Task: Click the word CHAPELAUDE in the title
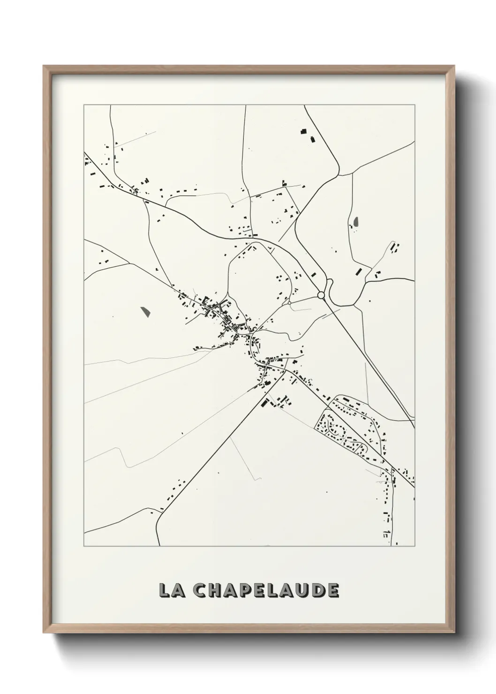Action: [x=266, y=590]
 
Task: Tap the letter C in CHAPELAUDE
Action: [x=201, y=590]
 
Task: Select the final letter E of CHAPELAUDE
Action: [x=332, y=590]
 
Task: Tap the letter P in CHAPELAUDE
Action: [x=246, y=590]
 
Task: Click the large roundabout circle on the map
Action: [x=321, y=295]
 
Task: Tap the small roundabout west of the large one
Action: [x=290, y=303]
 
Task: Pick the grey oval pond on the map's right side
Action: [x=355, y=221]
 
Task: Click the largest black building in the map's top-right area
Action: [x=303, y=131]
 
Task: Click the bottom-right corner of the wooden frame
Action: [x=454, y=632]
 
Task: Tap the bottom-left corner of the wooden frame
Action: [x=44, y=632]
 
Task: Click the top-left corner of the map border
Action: [x=84, y=105]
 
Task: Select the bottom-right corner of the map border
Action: [x=414, y=546]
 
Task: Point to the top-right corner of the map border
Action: [x=414, y=105]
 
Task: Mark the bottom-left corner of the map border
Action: [x=84, y=546]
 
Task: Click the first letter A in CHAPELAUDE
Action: [x=231, y=590]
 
